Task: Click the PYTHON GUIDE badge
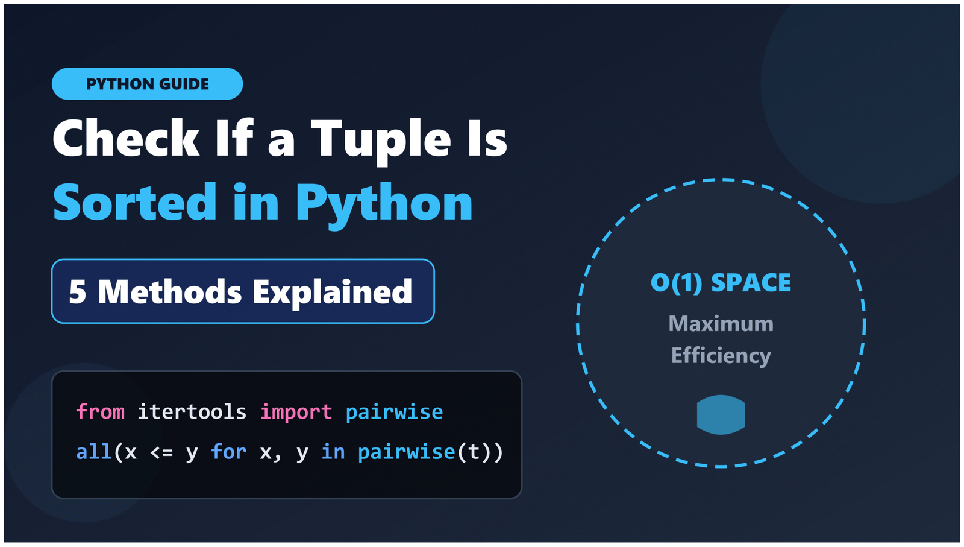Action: point(147,84)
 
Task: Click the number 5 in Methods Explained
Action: point(78,292)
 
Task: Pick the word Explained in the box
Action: point(332,292)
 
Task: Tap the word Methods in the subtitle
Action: point(170,292)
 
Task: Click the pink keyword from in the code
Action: point(100,412)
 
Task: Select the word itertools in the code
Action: point(192,412)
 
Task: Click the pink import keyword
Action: point(296,412)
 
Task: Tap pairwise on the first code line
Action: point(394,412)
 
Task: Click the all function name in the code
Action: point(93,452)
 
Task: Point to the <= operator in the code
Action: point(161,452)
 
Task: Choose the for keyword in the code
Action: point(228,452)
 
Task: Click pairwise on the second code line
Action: point(406,452)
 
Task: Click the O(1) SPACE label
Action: point(721,283)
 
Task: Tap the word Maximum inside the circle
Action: point(721,324)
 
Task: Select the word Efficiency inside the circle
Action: point(721,356)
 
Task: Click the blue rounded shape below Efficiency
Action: point(721,415)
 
